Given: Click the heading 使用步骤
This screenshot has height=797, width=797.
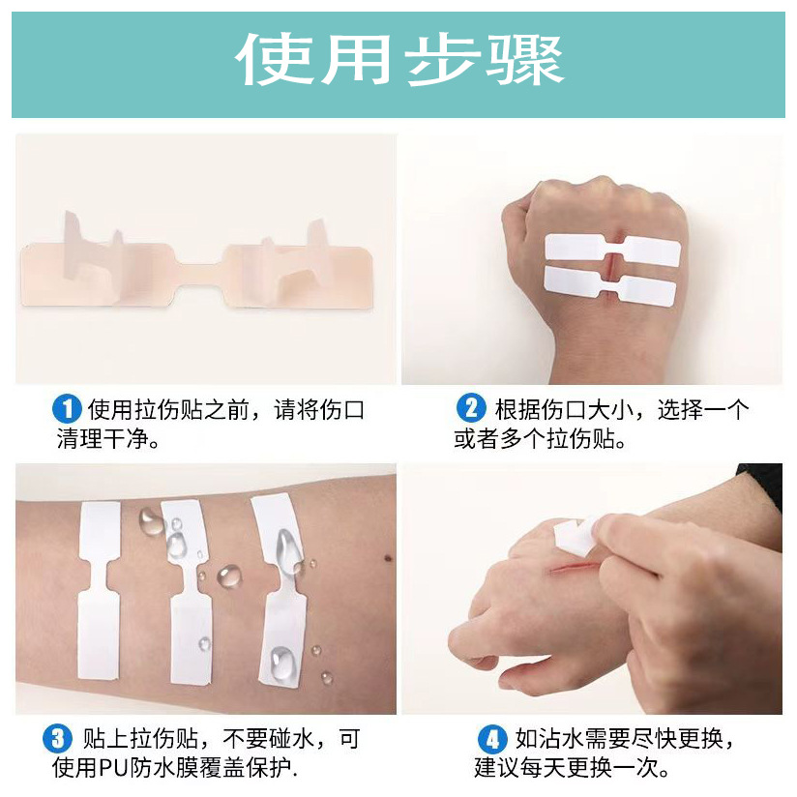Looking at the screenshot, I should (x=398, y=61).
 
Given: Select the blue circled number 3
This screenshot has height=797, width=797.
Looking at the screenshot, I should (x=58, y=740).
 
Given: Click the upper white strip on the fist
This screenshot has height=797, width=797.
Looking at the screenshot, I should (x=612, y=250).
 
